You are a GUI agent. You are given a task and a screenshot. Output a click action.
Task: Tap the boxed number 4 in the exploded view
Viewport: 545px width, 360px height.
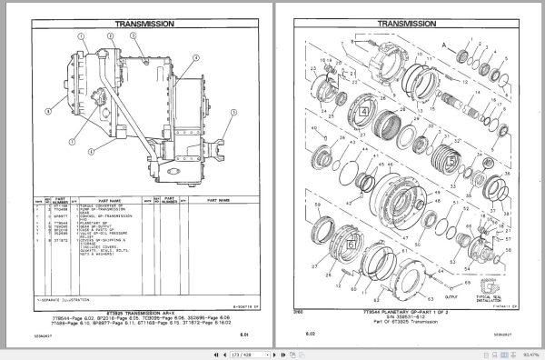coord(362,111)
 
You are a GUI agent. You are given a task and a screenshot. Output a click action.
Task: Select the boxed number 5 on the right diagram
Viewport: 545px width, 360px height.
coord(450,161)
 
